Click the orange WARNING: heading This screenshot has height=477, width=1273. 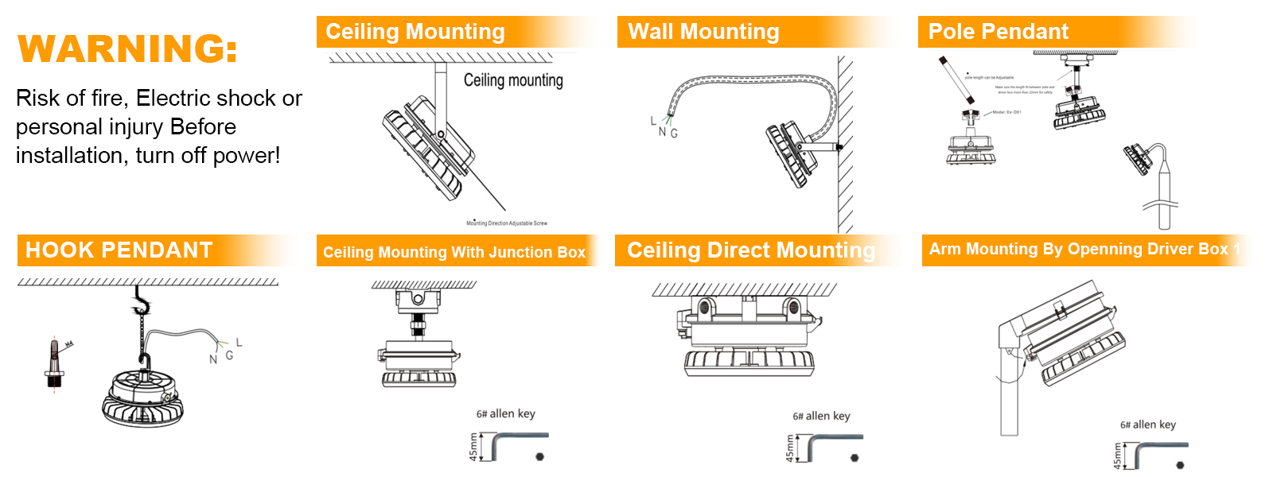pos(127,48)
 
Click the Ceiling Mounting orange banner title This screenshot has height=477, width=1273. pos(415,32)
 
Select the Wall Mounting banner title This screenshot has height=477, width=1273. pos(703,32)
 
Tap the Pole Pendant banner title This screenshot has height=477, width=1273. pos(998,32)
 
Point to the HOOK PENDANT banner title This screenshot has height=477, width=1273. pos(119,250)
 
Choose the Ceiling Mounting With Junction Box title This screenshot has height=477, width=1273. pos(454,252)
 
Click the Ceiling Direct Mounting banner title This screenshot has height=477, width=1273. pos(750,250)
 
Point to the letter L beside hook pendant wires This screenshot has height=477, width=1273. pos(239,343)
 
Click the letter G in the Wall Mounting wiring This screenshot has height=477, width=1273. pos(674,134)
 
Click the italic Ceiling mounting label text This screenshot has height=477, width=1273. pos(513,80)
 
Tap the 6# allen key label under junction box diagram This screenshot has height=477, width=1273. pos(505,413)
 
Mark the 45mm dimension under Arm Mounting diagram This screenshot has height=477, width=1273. pos(1117,456)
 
